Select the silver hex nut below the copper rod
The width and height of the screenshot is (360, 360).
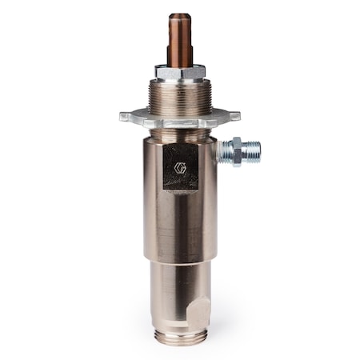click(x=178, y=73)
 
